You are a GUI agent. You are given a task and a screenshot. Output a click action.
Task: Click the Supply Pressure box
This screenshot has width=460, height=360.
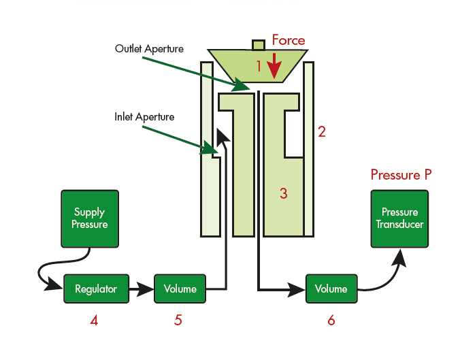pyautogui.click(x=89, y=218)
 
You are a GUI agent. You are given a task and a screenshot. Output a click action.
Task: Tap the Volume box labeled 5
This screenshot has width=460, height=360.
pyautogui.click(x=180, y=289)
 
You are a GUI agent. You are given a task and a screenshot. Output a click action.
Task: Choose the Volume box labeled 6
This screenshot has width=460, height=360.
pyautogui.click(x=331, y=289)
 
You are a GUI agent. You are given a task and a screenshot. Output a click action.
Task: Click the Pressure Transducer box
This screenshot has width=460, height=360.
pyautogui.click(x=399, y=218)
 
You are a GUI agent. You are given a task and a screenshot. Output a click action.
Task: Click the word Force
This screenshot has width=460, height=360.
pyautogui.click(x=289, y=40)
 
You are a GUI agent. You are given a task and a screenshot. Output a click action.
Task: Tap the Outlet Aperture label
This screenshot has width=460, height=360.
pyautogui.click(x=149, y=49)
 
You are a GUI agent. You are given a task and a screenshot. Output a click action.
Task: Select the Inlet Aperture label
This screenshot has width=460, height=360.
pyautogui.click(x=144, y=117)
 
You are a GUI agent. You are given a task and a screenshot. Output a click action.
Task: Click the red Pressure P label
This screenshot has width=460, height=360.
pyautogui.click(x=401, y=175)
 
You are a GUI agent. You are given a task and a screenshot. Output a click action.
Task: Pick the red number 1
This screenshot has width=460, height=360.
pyautogui.click(x=258, y=66)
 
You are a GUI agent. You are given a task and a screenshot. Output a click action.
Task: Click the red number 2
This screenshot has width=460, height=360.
pyautogui.click(x=322, y=132)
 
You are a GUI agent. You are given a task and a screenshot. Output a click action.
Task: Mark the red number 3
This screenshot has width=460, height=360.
pyautogui.click(x=284, y=193)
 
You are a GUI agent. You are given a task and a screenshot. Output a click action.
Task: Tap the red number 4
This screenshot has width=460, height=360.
pyautogui.click(x=95, y=321)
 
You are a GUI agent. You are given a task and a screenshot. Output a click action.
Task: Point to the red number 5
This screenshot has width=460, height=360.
pyautogui.click(x=178, y=321)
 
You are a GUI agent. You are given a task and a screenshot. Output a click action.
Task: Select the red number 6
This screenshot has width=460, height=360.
pyautogui.click(x=331, y=321)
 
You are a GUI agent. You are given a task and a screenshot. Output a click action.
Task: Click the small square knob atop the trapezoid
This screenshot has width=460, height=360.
pyautogui.click(x=258, y=45)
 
